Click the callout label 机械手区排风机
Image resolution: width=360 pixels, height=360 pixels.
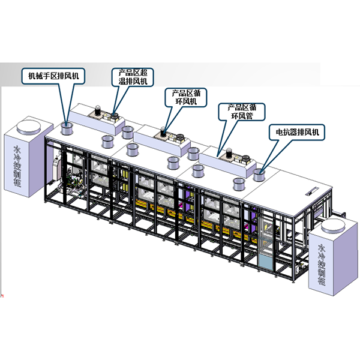tap(53, 76)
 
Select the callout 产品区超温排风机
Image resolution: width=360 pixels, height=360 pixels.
tap(133, 77)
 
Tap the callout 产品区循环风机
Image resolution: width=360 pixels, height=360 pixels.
tap(186, 97)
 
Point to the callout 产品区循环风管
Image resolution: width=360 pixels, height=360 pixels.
tap(242, 112)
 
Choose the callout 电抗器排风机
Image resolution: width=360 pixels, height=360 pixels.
tap(297, 132)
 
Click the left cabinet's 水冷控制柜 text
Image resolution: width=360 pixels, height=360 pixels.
tap(17, 166)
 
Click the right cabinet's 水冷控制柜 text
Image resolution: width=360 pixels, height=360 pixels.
tap(322, 265)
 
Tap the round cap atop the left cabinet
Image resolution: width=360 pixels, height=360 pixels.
tap(29, 127)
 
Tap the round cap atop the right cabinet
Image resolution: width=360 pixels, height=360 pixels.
tap(333, 225)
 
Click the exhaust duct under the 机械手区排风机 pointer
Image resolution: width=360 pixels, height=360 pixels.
tap(67, 128)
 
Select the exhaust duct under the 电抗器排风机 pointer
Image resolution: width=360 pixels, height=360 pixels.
tap(259, 175)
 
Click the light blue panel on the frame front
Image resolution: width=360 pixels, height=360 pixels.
tap(265, 262)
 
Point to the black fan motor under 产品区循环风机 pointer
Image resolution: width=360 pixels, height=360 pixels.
tap(163, 132)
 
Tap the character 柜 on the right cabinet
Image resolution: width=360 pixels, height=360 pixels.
tap(322, 281)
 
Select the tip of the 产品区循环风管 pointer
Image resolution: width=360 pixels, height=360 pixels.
tap(218, 156)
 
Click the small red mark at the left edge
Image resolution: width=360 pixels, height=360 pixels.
tap(2, 295)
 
